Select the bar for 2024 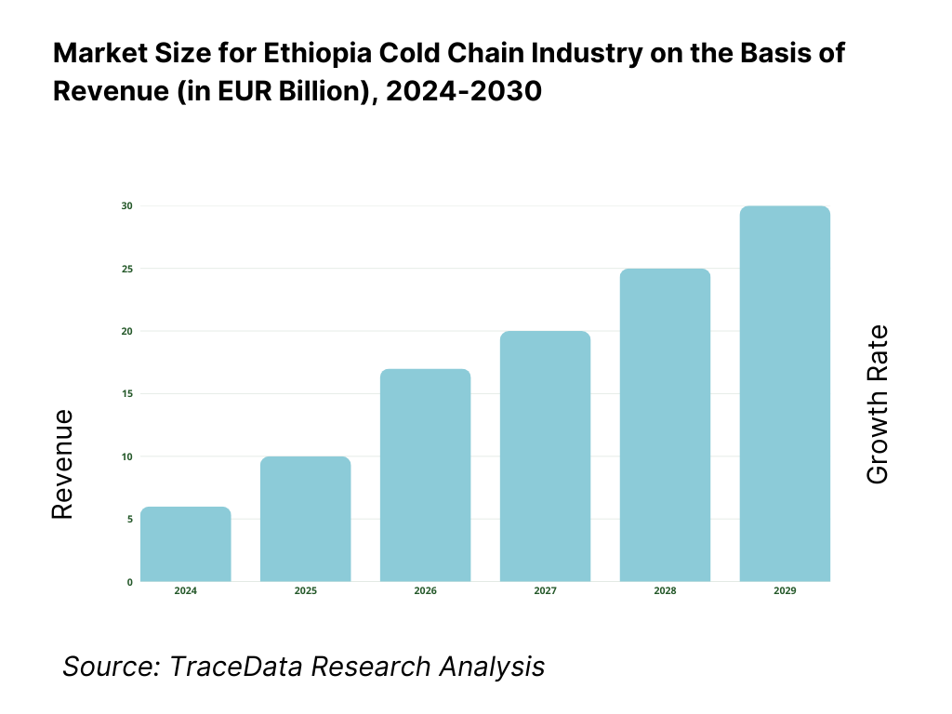186,545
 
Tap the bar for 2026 426,475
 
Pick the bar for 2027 546,456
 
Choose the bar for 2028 666,425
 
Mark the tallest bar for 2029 785,393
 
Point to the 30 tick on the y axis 127,205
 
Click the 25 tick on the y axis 127,269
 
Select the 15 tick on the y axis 127,394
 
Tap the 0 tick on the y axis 129,582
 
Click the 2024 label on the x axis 186,591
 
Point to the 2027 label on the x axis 546,591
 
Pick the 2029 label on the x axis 785,591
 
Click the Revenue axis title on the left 62,465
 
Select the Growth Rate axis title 877,404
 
